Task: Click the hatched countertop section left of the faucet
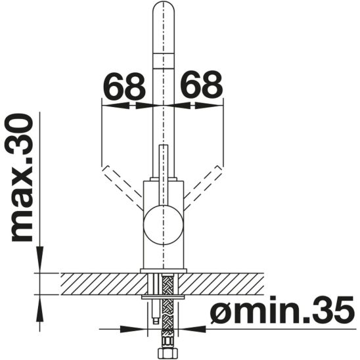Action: click(x=99, y=283)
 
